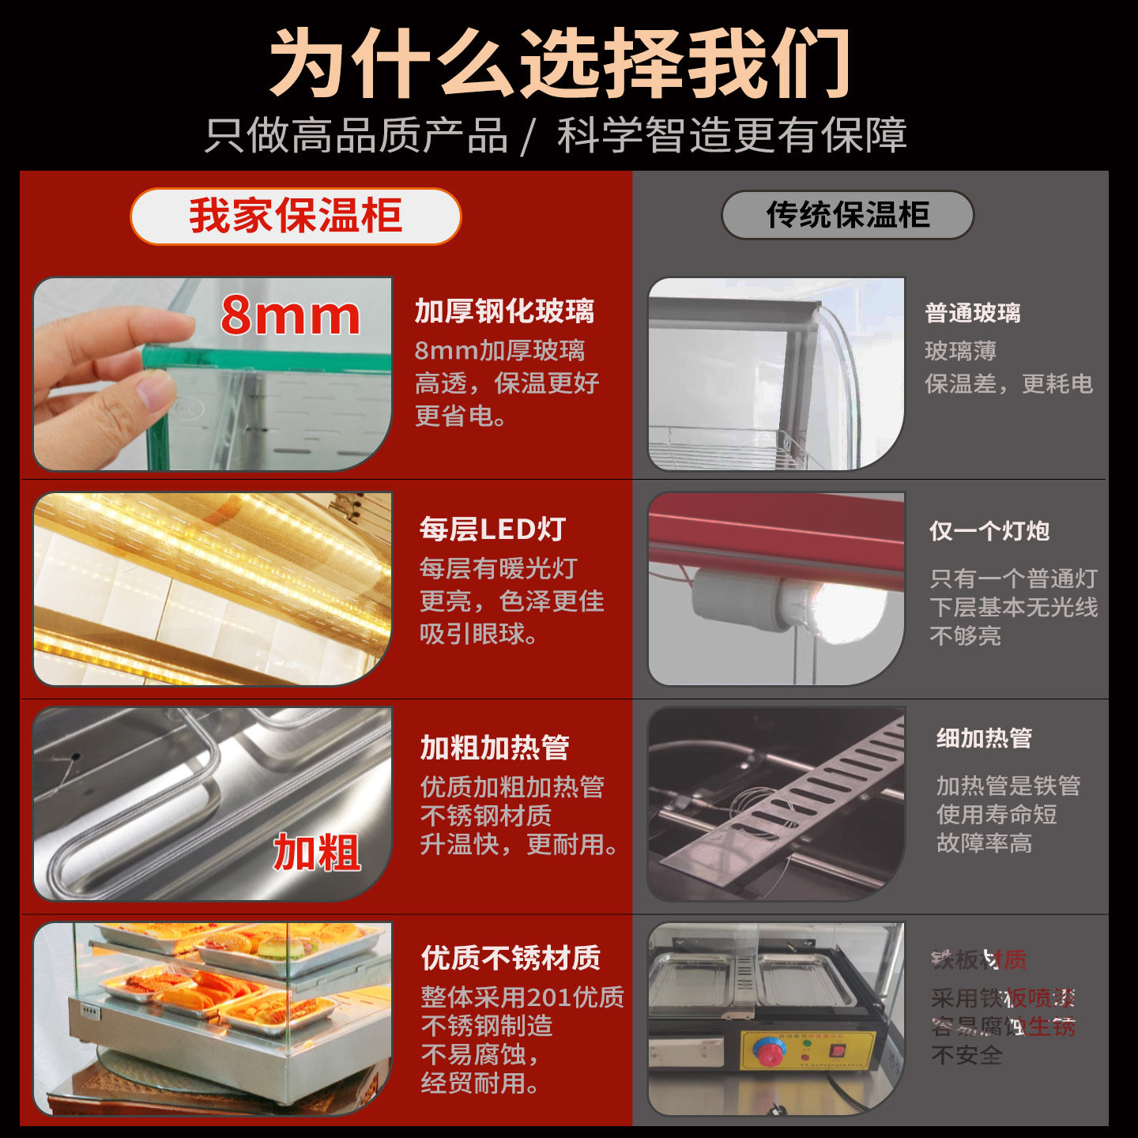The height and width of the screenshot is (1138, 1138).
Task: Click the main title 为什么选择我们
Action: [560, 63]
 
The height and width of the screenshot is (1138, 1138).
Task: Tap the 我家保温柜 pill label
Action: [295, 216]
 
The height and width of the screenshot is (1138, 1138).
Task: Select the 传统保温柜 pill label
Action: [847, 214]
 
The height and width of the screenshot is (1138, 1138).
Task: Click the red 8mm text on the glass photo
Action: [290, 315]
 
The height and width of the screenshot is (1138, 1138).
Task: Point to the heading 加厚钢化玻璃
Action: [504, 311]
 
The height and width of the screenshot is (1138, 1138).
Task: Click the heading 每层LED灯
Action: [492, 529]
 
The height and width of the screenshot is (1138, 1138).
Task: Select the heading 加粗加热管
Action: [494, 747]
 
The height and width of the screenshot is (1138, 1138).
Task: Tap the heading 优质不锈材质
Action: [511, 958]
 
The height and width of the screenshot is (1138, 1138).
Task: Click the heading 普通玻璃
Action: [973, 313]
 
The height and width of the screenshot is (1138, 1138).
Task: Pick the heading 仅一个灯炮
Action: [989, 531]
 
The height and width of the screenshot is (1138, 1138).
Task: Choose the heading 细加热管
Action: [984, 738]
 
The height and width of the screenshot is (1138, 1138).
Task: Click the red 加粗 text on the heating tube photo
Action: [316, 852]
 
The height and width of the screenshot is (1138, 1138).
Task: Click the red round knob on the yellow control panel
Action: [767, 1052]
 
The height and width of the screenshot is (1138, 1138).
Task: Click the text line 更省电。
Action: [462, 416]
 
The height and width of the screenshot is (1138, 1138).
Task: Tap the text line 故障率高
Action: [984, 843]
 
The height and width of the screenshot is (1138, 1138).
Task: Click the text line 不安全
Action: [967, 1055]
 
